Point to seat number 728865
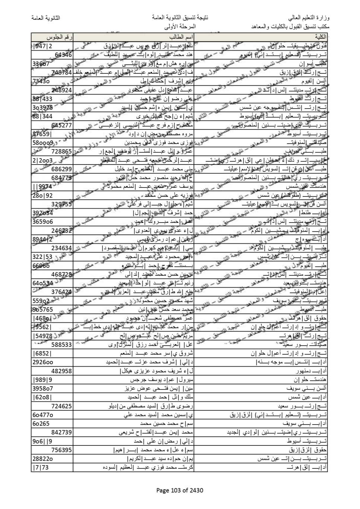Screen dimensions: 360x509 [61, 151]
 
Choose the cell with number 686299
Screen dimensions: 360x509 [61, 169]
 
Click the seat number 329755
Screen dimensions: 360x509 [61, 204]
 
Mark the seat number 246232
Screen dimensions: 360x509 [61, 231]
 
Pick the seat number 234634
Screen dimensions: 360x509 [61, 248]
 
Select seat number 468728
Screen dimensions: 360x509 [61, 275]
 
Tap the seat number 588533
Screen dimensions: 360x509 [61, 345]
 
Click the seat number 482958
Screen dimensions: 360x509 [61, 371]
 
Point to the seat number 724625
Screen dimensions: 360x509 [61, 406]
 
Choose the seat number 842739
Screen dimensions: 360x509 [61, 433]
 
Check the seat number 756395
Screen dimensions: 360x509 [61, 450]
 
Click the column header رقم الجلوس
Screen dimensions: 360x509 [60, 37]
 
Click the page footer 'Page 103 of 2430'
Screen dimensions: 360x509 [180, 490]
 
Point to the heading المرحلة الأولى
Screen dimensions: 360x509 [180, 27]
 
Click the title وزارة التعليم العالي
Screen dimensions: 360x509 [309, 18]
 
